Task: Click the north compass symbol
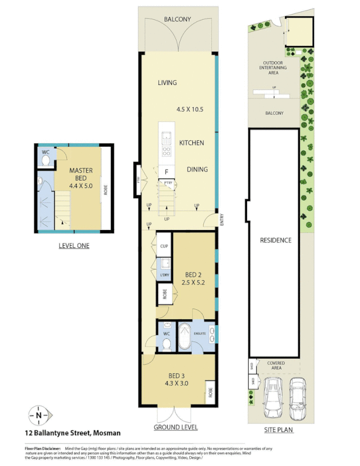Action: (x=38, y=415)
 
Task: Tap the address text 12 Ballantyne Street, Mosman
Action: (x=73, y=433)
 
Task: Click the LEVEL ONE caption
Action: (x=74, y=246)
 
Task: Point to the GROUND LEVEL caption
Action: (x=175, y=427)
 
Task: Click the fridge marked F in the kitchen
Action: (x=167, y=172)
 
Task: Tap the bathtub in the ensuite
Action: (x=185, y=337)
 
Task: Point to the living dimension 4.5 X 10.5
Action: (x=190, y=110)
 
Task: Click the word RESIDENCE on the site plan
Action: (x=276, y=240)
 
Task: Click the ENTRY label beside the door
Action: (x=222, y=219)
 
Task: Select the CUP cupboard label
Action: (x=164, y=246)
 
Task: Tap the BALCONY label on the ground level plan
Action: (x=177, y=19)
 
